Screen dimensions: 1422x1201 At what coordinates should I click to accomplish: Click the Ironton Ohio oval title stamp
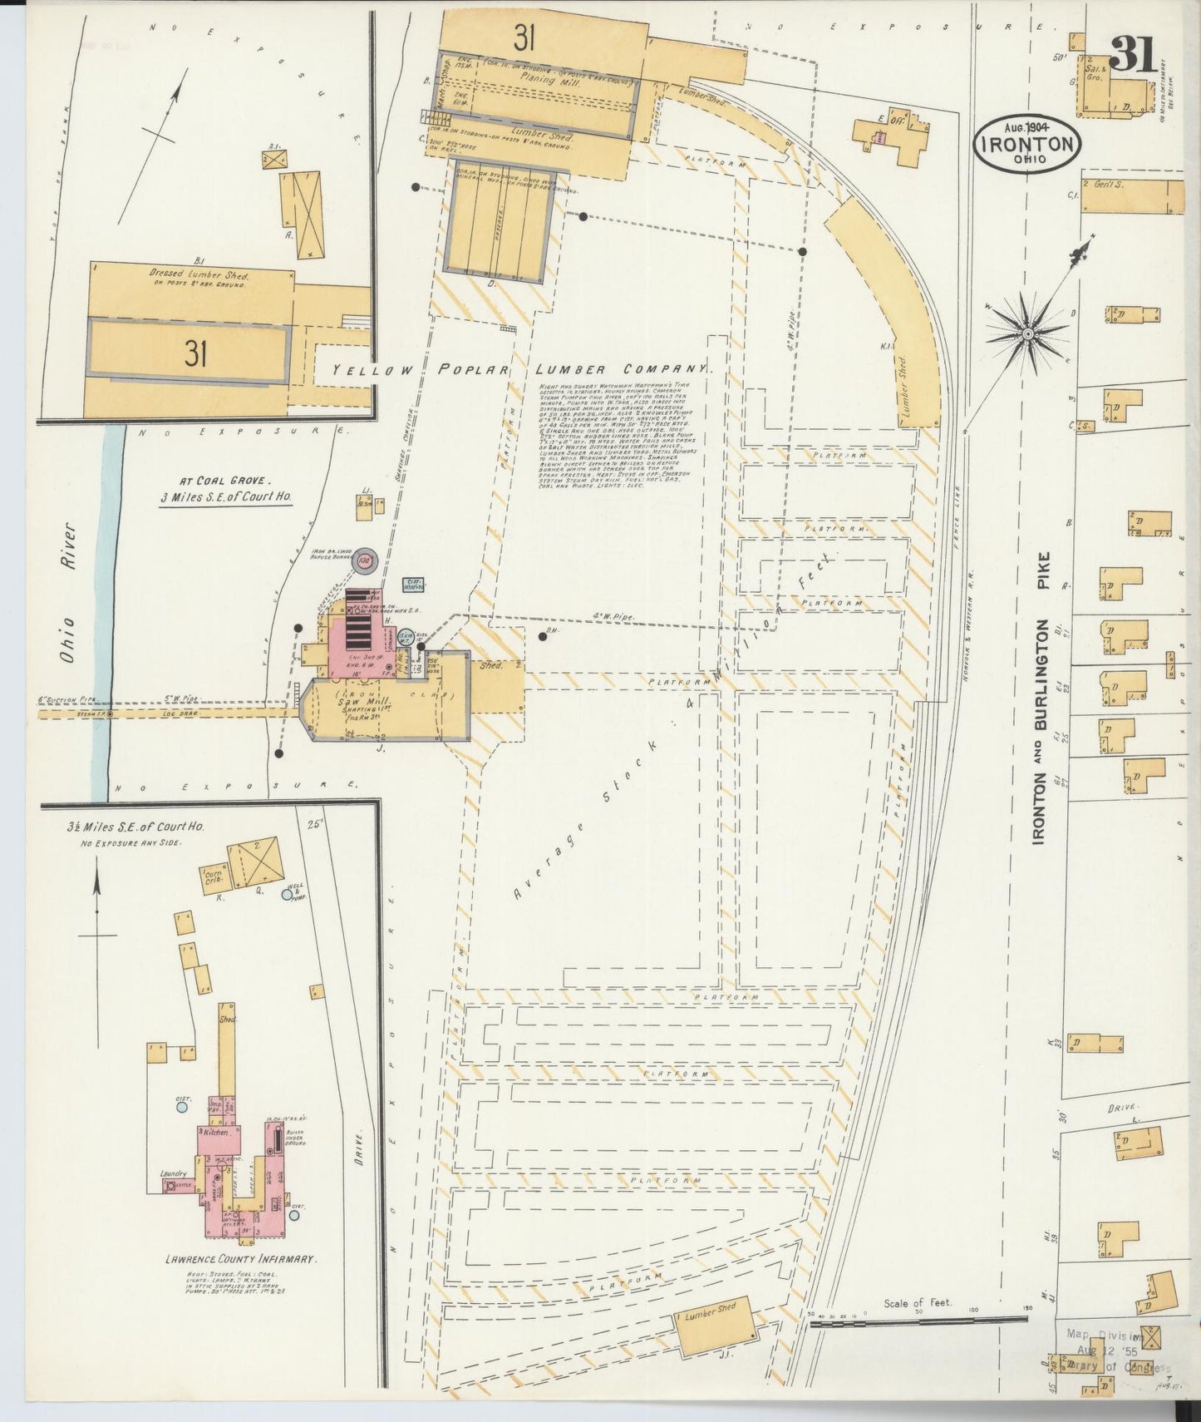point(1027,144)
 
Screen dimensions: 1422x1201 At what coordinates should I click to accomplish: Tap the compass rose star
point(1027,333)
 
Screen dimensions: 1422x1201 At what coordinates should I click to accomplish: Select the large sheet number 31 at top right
point(1130,57)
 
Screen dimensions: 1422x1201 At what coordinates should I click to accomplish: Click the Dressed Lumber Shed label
point(198,273)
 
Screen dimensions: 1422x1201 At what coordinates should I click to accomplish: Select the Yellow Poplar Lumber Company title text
point(520,369)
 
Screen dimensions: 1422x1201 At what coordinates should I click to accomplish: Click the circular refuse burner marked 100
point(363,562)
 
